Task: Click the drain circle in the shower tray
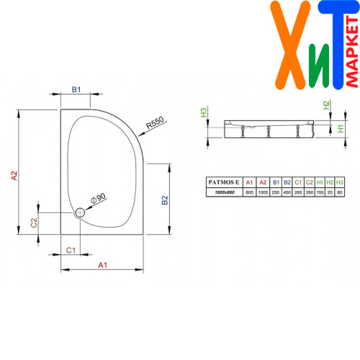[80, 212]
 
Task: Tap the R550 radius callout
[155, 122]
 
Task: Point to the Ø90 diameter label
[98, 199]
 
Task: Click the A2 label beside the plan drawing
[14, 176]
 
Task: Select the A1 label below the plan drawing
[102, 265]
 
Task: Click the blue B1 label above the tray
[76, 89]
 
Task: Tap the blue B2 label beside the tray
[165, 200]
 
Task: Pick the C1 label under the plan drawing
[71, 251]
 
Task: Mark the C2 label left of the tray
[34, 222]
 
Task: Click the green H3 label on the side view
[204, 112]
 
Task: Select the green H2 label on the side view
[326, 105]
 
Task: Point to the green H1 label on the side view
[341, 129]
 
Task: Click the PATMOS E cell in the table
[224, 182]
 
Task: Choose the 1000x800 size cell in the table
[225, 192]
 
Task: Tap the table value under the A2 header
[263, 192]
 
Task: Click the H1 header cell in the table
[320, 182]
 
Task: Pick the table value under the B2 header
[287, 192]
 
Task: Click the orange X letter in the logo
[290, 45]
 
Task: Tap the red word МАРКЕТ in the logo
[352, 52]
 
